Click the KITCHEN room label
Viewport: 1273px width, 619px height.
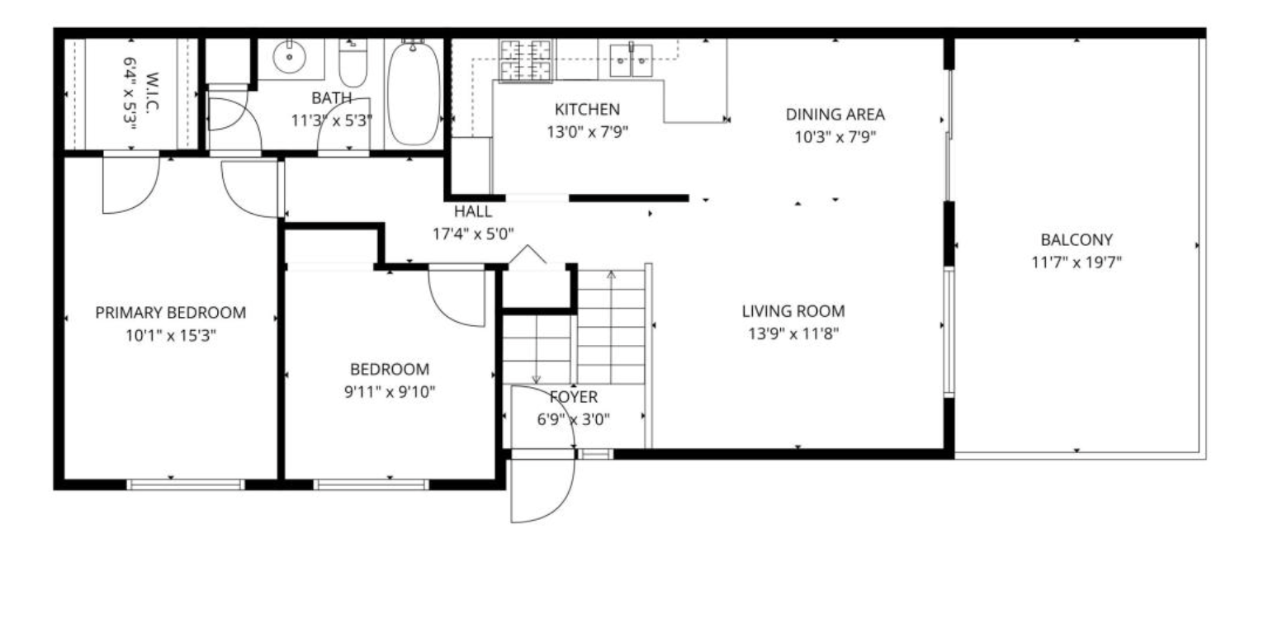(587, 109)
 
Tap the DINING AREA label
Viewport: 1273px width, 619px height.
(835, 114)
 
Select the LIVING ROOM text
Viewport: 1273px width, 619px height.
(793, 311)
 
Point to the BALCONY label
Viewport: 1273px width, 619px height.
(1077, 240)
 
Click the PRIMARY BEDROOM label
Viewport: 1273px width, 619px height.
(171, 313)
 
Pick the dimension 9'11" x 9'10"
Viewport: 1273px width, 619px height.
(390, 392)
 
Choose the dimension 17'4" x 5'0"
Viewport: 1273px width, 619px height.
(473, 234)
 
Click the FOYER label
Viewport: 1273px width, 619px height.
(574, 397)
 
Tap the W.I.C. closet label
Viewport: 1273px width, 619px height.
(152, 92)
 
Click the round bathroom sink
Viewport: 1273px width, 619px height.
(289, 58)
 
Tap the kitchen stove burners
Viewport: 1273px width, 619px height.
(526, 60)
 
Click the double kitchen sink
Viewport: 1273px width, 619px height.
(631, 60)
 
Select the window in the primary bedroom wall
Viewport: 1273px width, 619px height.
(185, 484)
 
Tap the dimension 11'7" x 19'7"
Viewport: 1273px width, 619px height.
(1077, 262)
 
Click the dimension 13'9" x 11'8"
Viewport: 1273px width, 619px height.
(793, 333)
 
